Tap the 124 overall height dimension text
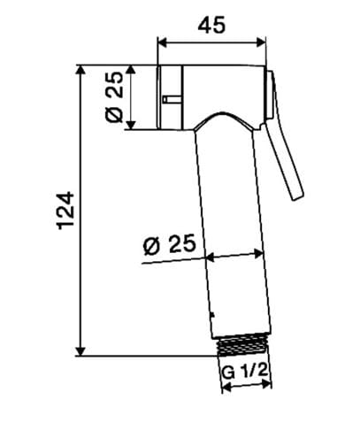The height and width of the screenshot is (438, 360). tap(65, 211)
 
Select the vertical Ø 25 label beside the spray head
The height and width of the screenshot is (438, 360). tap(114, 96)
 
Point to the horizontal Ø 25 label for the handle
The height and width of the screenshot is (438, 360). tap(169, 244)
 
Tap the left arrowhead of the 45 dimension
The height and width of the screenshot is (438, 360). tap(163, 42)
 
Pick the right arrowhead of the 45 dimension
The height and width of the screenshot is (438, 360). tap(261, 42)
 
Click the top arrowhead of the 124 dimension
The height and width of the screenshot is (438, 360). tap(80, 70)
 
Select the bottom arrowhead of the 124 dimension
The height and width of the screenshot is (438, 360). tap(80, 351)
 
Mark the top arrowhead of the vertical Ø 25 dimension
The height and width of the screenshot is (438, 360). tap(131, 70)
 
